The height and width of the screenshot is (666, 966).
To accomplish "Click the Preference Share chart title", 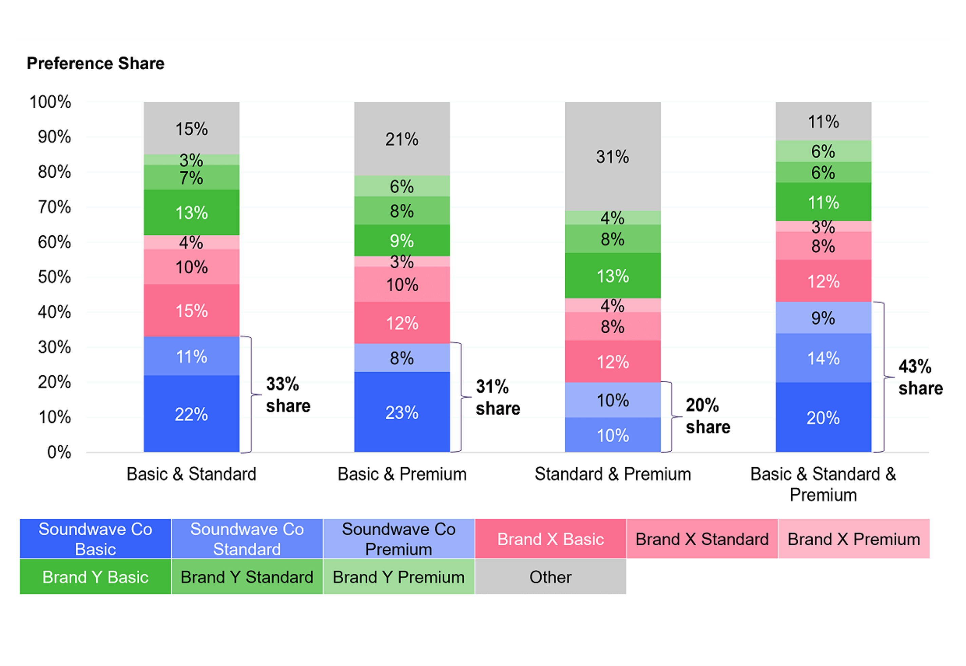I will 96,63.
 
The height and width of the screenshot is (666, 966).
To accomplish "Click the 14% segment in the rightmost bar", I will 823,358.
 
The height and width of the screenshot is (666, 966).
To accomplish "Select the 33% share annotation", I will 288,394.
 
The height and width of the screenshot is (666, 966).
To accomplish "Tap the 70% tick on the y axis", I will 54,207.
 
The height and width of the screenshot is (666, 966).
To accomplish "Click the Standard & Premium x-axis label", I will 612,474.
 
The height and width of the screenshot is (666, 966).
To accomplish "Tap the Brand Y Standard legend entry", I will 247,577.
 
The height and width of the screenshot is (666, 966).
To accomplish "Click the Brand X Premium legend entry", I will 853,539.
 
